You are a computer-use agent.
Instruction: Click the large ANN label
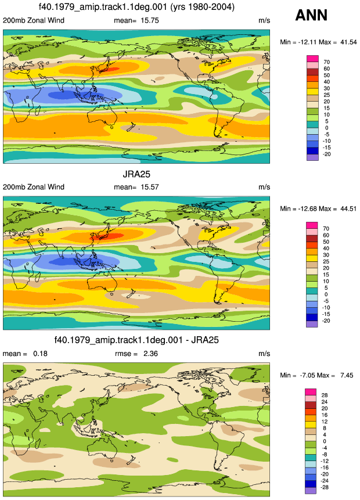pos(311,15)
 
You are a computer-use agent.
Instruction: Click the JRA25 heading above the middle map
pos(136,174)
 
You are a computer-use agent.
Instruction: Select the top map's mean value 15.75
pos(150,20)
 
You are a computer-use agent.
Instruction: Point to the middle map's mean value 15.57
pos(150,187)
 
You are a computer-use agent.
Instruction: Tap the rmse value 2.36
pos(150,353)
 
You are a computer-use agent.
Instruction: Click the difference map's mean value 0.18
pos(40,353)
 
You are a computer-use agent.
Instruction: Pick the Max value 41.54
pos(348,42)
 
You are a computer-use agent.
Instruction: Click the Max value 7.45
pos(347,375)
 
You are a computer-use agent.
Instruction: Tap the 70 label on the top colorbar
pos(326,62)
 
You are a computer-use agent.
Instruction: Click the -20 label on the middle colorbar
pos(326,321)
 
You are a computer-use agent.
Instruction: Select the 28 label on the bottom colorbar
pos(325,395)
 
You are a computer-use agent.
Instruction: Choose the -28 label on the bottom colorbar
pos(324,487)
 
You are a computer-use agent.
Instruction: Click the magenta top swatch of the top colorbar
pos(312,59)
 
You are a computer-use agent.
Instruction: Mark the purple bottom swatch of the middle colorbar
pos(312,324)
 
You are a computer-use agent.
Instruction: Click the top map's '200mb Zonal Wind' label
pos(34,20)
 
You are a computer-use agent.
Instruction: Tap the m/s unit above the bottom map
pos(264,354)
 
